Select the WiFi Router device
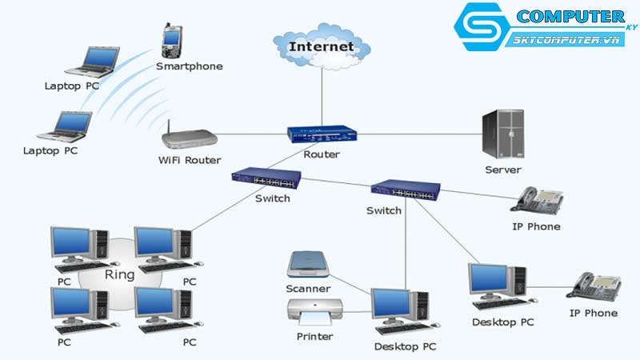point(190,138)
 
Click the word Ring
point(119,274)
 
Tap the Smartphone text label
point(190,66)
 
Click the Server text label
point(503,170)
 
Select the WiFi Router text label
point(190,160)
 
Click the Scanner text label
point(308,288)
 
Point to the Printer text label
point(314,337)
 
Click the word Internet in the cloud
point(322,46)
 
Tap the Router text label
point(322,154)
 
